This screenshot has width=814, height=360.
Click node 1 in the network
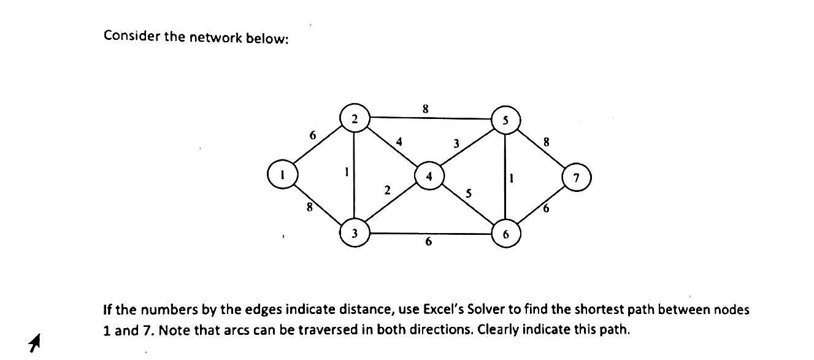tap(282, 175)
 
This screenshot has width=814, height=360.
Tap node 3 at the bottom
tap(355, 233)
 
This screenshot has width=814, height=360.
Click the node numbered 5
tap(505, 120)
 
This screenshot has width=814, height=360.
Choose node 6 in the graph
tap(505, 234)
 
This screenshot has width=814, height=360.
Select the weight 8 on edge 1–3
tap(310, 209)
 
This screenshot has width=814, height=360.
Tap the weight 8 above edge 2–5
tap(425, 109)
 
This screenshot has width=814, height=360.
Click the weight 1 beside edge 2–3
tap(347, 173)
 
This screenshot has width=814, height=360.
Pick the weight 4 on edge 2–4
tap(399, 142)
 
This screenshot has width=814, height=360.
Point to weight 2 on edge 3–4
tap(387, 191)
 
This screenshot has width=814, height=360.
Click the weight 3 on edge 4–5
tap(456, 144)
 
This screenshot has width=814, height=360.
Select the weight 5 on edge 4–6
tap(469, 194)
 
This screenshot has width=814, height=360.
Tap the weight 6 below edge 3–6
tap(428, 242)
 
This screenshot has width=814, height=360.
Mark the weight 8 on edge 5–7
tap(547, 142)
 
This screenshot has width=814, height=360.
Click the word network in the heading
tap(215, 37)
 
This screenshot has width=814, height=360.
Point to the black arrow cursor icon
tap(35, 343)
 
